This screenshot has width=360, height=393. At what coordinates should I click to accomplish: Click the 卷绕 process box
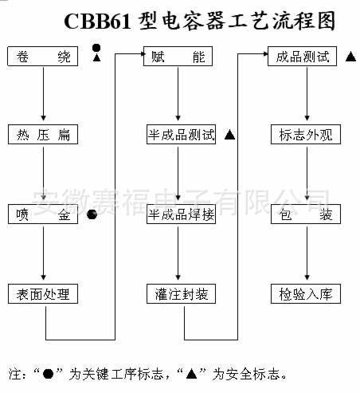pos(43,57)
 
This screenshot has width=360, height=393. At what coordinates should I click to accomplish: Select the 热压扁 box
pos(43,135)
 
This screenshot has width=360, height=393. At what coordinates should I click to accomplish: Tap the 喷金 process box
pos(43,214)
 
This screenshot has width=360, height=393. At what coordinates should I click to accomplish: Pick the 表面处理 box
pos(43,294)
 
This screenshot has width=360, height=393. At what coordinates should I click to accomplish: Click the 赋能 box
pos(180,57)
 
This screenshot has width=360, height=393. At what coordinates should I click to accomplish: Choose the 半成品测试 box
pos(181,135)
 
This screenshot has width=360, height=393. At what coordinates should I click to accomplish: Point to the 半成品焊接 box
pos(181,214)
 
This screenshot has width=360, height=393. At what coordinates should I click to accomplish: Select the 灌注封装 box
pos(181,294)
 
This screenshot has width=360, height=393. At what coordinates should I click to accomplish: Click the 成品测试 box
pos(304,57)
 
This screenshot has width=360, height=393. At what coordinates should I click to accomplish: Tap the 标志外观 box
pos(304,135)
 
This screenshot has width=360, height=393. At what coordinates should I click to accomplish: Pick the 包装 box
pos(304,214)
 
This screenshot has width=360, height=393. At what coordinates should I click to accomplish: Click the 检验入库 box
pos(304,294)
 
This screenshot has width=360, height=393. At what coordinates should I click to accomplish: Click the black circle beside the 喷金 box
pos(92,214)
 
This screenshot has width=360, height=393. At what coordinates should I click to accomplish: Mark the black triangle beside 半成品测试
pos(230,135)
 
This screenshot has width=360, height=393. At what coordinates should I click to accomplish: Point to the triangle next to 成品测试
pos(350,58)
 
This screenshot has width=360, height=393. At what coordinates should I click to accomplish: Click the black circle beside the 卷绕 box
pos(96,48)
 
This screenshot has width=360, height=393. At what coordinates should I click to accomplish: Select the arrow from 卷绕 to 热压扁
pos(43,96)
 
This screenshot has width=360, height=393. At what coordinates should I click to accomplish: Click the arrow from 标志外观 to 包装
pos(304,175)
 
